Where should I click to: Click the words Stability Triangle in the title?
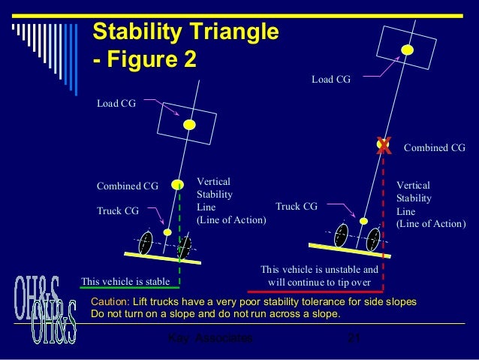coord(185,32)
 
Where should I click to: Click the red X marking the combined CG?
coord(384,145)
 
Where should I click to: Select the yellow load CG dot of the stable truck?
coord(190,124)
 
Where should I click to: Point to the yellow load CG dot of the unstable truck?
coord(408,50)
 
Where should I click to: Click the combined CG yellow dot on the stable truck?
coord(178,184)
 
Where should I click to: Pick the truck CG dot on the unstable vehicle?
coord(363,222)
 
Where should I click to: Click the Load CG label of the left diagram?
coord(116,104)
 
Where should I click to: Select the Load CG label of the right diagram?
coord(330,78)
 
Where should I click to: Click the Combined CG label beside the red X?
coord(435,148)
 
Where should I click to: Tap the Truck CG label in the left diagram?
coord(119,211)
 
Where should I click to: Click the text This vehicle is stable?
coord(125,281)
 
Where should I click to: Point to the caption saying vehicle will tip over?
coord(319,274)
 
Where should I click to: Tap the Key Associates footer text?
coord(208,341)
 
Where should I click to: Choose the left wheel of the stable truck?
coord(146,242)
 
